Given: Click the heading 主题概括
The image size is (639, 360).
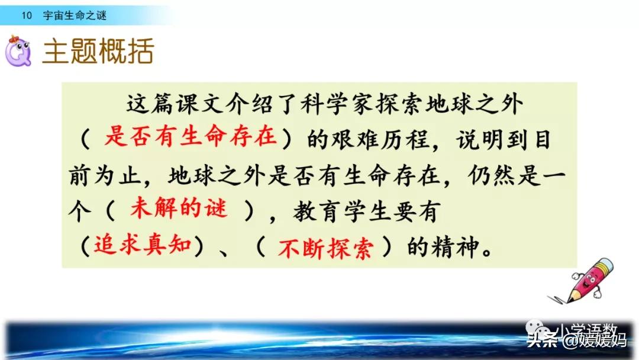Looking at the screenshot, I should click(x=98, y=53).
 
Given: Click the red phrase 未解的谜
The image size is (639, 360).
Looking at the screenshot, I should click(x=178, y=209).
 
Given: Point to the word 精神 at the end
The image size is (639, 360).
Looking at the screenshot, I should click(x=456, y=247).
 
